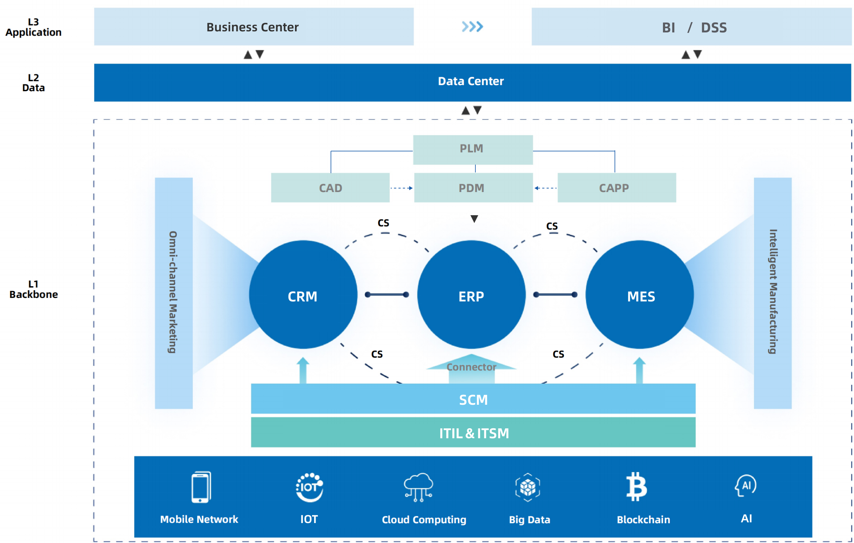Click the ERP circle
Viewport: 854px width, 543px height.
tap(471, 295)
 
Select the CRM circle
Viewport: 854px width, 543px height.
tap(303, 295)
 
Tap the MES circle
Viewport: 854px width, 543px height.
tap(639, 295)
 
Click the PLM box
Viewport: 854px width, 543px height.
tap(473, 149)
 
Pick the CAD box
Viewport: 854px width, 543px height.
tap(330, 188)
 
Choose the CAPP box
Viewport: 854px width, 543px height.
tap(616, 188)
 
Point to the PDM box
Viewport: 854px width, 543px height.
tap(473, 188)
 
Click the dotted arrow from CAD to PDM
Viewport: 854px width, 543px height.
tap(401, 188)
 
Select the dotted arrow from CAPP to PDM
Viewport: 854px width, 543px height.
tap(545, 188)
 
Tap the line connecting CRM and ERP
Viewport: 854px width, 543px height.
tap(387, 295)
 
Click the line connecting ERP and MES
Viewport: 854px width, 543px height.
tap(555, 295)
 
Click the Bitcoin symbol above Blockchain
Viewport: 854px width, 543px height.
tap(636, 486)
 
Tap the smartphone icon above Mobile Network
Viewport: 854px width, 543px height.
tap(201, 487)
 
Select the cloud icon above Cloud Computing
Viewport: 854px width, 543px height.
tap(418, 487)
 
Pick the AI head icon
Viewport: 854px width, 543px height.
tap(746, 485)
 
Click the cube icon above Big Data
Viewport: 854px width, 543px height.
tap(528, 487)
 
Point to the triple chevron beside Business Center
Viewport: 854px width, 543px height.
tap(472, 27)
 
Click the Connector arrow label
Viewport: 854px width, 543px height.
tap(471, 367)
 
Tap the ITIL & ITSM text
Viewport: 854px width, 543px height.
tap(474, 433)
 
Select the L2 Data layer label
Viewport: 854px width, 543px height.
tap(33, 83)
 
